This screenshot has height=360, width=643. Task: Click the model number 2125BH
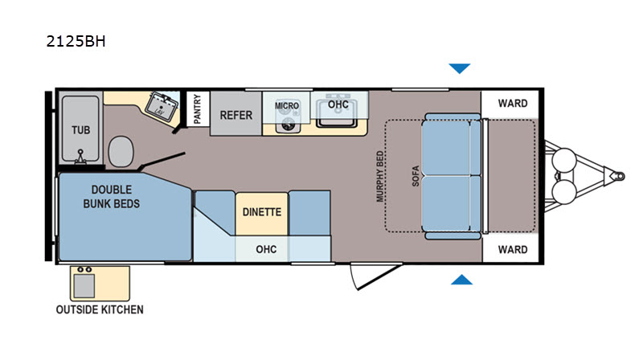pos(76,42)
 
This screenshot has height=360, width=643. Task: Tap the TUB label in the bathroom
pos(81,130)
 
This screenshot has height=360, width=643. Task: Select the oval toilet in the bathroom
pos(121,152)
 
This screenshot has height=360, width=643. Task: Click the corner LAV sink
pos(162,107)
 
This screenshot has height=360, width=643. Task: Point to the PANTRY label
pos(197,108)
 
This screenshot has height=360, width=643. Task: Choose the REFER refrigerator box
pos(235,113)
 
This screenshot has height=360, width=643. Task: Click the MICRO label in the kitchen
pos(287,106)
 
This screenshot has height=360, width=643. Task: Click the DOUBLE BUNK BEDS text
pos(112,196)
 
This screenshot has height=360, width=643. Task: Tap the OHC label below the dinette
pos(266,249)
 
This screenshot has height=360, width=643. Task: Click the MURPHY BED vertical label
pos(380,176)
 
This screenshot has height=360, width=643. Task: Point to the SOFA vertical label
pos(416,176)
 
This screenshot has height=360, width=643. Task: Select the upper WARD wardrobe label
pos(513,104)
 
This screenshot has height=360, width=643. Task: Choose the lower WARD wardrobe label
pos(513,249)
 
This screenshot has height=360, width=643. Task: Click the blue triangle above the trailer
pos(459,68)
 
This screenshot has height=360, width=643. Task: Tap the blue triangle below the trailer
pos(461,280)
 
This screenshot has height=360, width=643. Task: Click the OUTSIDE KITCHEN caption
pos(100,309)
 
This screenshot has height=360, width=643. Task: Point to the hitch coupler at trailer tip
pos(616,176)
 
